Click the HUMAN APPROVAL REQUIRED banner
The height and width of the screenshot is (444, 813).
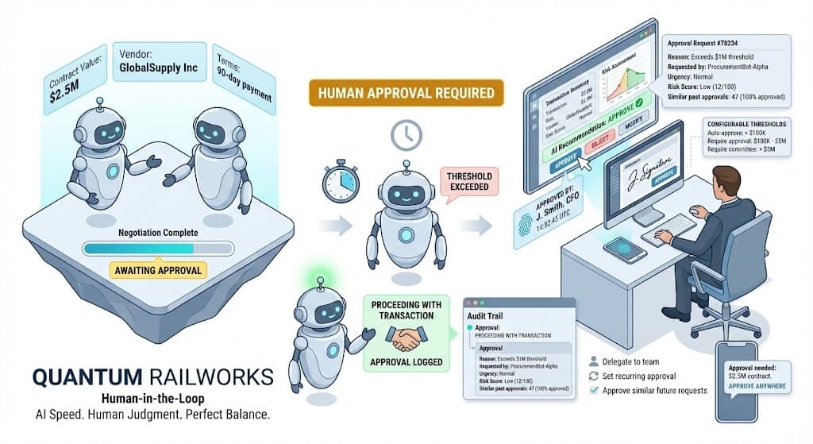tap(405, 93)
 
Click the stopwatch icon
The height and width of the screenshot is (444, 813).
tap(341, 182)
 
